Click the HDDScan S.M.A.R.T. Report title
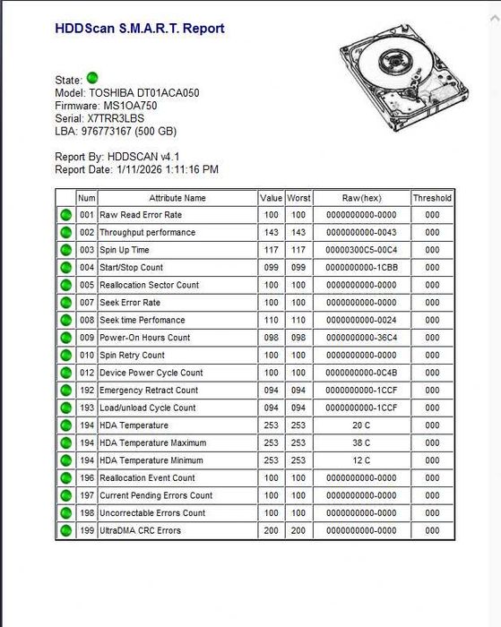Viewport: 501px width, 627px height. pos(140,29)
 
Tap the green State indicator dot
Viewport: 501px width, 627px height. pos(92,79)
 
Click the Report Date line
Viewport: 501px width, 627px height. pos(136,169)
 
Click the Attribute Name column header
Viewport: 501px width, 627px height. pos(177,198)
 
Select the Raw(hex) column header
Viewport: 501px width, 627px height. pos(361,198)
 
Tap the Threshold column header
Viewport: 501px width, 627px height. pos(432,198)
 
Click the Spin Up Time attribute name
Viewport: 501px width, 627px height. pos(125,250)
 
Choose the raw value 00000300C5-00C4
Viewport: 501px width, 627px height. pos(361,250)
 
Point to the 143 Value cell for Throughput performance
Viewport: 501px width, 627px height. pos(271,233)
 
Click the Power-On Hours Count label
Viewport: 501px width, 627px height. pos(144,338)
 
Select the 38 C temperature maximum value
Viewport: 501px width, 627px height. pos(361,442)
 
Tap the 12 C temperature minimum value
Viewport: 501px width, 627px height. pos(361,460)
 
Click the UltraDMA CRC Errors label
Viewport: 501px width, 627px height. pos(140,530)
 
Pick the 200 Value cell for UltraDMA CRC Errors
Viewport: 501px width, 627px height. pos(271,530)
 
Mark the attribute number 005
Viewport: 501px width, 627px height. pos(86,285)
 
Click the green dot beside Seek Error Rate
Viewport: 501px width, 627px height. pos(65,303)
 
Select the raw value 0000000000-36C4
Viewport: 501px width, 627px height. pos(361,338)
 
